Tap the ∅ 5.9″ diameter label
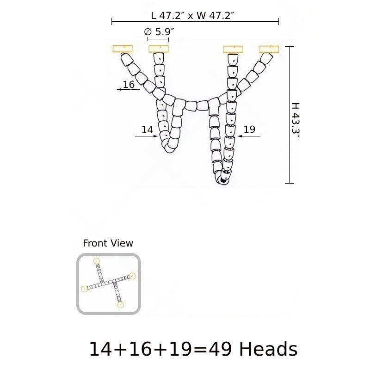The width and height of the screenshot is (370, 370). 159,32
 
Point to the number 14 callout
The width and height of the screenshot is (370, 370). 147,130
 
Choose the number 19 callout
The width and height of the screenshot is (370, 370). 249,129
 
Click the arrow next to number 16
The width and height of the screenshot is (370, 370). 128,90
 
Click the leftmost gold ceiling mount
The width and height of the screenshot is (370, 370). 123,49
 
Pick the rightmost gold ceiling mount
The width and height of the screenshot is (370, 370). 270,49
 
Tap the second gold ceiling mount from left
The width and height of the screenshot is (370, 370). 158,49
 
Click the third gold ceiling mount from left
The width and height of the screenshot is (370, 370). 234,49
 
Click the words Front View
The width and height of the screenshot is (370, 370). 108,243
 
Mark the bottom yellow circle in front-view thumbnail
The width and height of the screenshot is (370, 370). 121,305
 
